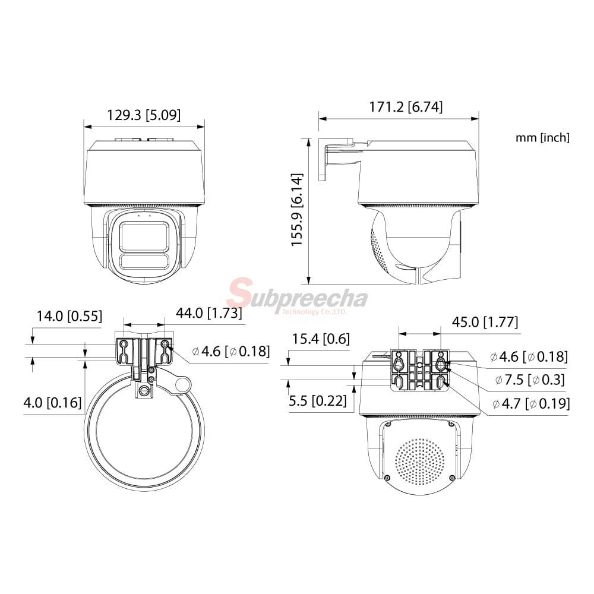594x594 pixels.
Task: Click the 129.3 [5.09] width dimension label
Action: point(144,115)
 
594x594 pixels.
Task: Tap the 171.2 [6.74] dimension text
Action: point(406,107)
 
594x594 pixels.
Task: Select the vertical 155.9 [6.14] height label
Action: point(296,210)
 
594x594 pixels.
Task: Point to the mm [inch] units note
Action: point(542,138)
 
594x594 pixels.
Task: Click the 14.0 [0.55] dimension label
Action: point(69,316)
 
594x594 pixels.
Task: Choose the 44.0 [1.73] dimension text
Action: point(208,313)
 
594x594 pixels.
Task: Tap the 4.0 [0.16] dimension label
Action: point(53,402)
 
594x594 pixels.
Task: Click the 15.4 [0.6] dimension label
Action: point(321,339)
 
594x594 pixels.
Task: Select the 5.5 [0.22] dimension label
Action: point(317,401)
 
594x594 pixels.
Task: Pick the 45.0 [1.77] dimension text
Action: point(485,322)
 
